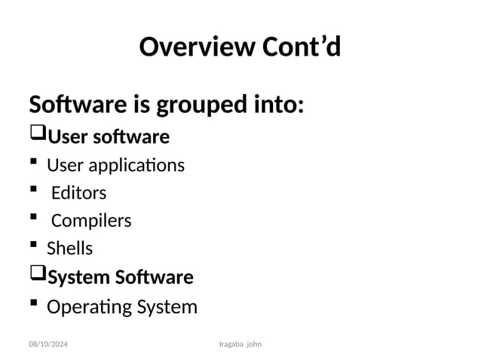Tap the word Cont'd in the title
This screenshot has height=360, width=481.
click(x=301, y=47)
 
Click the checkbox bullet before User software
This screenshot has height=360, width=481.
click(x=37, y=136)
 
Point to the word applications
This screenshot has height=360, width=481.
click(x=133, y=165)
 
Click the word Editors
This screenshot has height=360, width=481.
click(x=78, y=193)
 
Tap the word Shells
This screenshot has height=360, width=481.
click(x=69, y=249)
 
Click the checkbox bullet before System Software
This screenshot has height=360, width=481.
click(x=37, y=276)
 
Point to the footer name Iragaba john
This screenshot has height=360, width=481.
click(x=244, y=344)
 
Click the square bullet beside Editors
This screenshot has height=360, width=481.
click(x=33, y=192)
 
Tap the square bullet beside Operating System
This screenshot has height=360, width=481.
click(x=33, y=305)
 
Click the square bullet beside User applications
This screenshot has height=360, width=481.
click(x=33, y=163)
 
